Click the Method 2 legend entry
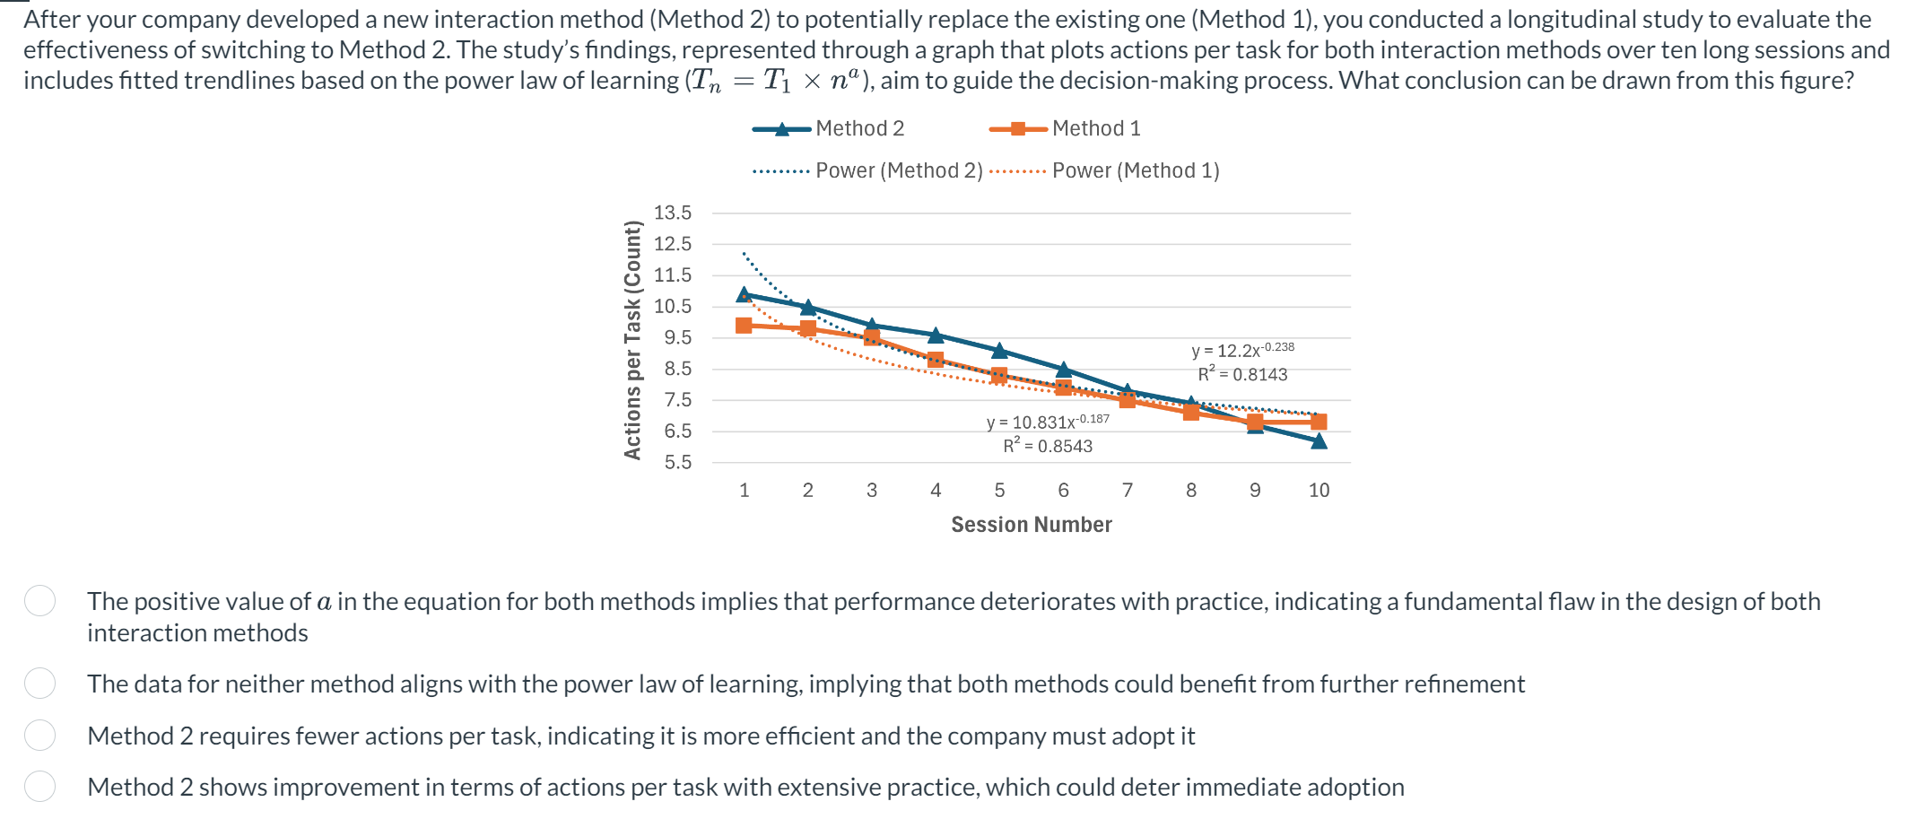(x=828, y=129)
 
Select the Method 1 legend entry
(x=1065, y=129)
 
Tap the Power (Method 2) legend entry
(x=868, y=170)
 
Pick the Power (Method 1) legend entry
(x=1105, y=170)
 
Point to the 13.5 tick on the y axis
(x=673, y=213)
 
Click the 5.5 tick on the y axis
(x=677, y=463)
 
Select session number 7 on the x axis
(x=1128, y=490)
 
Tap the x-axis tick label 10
(x=1319, y=490)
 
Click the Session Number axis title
(x=1032, y=525)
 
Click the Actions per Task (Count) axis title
(x=632, y=339)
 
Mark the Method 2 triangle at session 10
(x=1319, y=440)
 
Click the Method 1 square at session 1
(x=744, y=325)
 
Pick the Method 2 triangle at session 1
(x=744, y=294)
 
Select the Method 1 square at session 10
(x=1319, y=422)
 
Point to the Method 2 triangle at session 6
(x=1064, y=370)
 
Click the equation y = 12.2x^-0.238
(x=1242, y=350)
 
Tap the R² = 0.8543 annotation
(x=1048, y=446)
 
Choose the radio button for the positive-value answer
(x=40, y=601)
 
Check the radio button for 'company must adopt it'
(x=40, y=736)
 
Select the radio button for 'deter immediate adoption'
(x=40, y=787)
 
